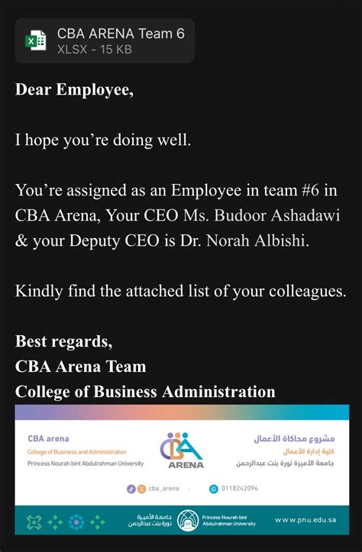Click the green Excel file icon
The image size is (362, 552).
(36, 40)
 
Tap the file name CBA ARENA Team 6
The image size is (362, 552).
(121, 33)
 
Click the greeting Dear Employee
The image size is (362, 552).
(74, 89)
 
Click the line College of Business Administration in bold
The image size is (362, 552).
(145, 391)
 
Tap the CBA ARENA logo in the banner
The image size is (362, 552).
(182, 450)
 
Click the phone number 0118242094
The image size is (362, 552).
(239, 489)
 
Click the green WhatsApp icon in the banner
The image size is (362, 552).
(214, 489)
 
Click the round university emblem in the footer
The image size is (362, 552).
(188, 521)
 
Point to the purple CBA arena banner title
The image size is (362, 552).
(48, 439)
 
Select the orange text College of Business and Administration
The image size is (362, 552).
(76, 452)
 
